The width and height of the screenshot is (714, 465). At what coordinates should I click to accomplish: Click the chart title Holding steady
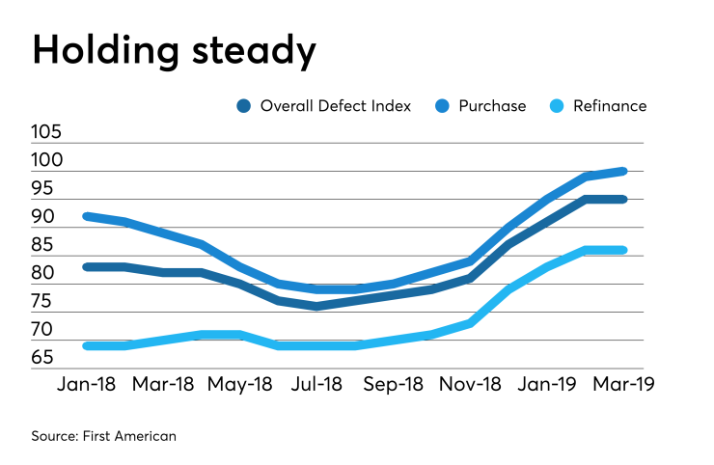(x=174, y=49)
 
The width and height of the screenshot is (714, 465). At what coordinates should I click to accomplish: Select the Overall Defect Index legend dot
(x=245, y=106)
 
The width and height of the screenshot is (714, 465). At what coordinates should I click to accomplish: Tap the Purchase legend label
(x=495, y=106)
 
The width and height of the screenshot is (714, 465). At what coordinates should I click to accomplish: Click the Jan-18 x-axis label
(x=86, y=384)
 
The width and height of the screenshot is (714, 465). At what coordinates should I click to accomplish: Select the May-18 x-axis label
(x=240, y=384)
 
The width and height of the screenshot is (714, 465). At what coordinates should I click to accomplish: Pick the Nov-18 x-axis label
(x=469, y=384)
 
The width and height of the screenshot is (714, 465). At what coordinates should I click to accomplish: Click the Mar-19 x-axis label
(x=621, y=384)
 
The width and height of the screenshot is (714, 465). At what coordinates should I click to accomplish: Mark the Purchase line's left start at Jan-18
(x=87, y=216)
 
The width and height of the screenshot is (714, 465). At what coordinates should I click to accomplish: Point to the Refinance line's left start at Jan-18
(x=87, y=345)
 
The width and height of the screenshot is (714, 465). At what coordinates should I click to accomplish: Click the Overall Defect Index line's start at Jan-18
(x=87, y=267)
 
